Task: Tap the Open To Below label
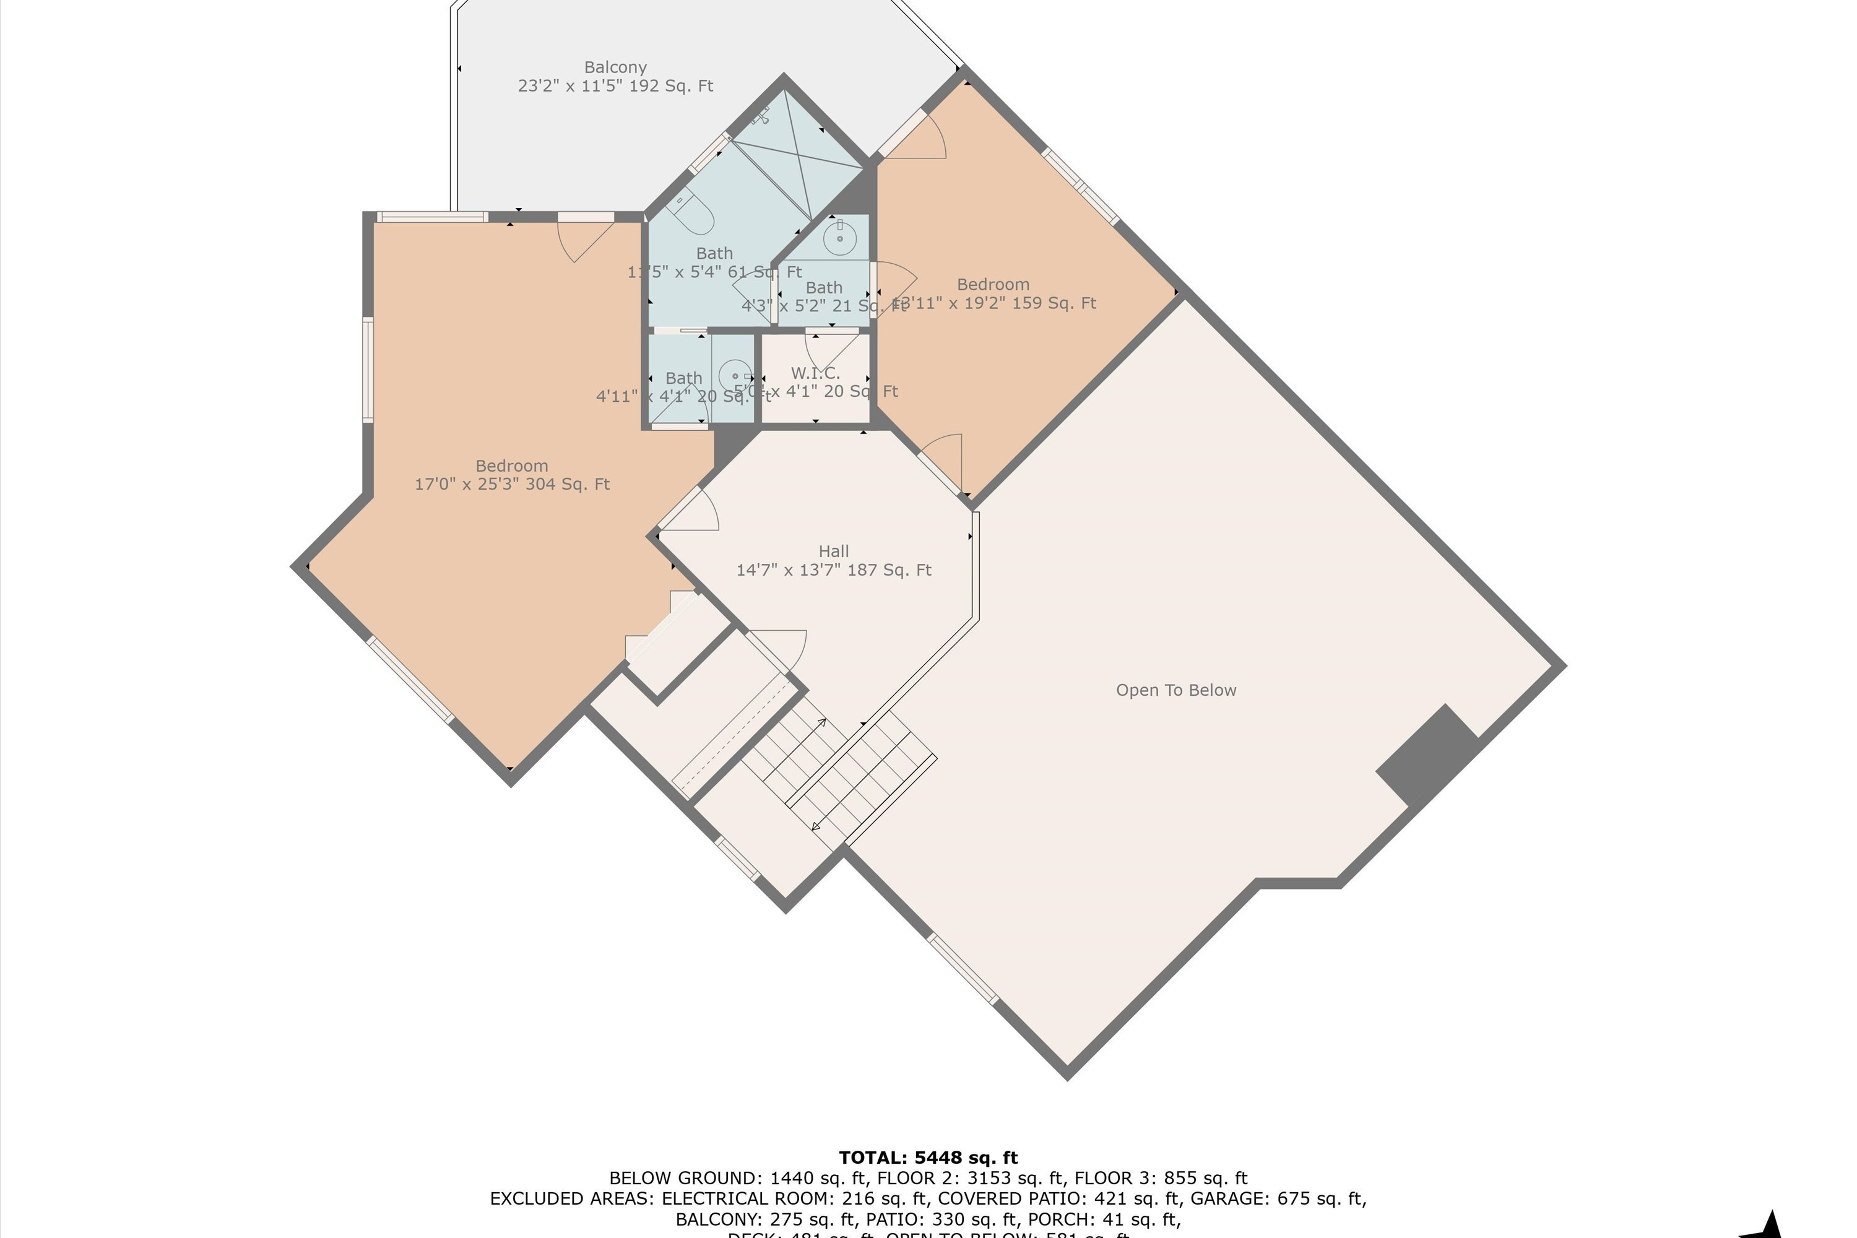[x=1175, y=691]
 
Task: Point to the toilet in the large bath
[x=693, y=212]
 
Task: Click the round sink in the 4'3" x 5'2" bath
[x=840, y=237]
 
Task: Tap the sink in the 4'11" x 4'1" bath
[x=736, y=376]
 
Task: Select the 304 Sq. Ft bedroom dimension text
[x=512, y=485]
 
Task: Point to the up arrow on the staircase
[x=822, y=722]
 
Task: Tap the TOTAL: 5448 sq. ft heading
[x=928, y=1158]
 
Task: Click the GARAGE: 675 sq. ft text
[x=1278, y=1198]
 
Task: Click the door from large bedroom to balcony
[x=586, y=235]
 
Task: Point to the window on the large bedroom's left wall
[x=368, y=369]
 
